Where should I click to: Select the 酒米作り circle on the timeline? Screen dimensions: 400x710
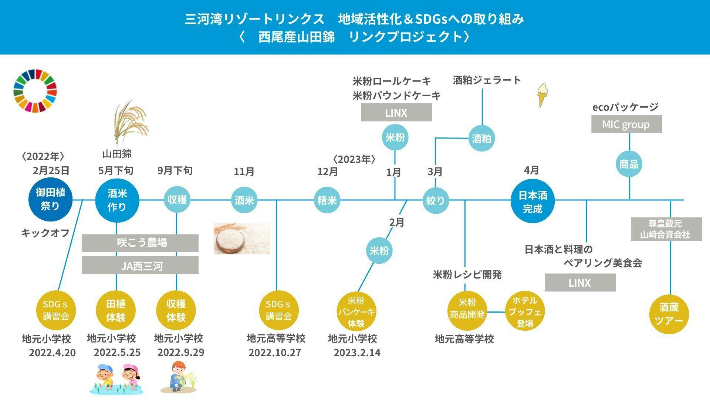pos(117,200)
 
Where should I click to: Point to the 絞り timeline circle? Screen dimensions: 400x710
pos(435,200)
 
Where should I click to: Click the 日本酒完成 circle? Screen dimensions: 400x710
pos(532,202)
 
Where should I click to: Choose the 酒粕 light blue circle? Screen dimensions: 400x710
pos(481,139)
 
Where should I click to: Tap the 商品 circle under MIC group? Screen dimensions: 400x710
pos(629,164)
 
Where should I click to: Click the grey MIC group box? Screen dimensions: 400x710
pos(626,124)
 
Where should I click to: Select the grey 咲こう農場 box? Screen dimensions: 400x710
pos(140,243)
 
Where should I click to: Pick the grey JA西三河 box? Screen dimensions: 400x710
pos(140,266)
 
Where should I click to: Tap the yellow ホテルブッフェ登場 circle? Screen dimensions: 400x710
pos(525,312)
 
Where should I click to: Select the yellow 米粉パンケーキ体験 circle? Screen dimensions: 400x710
pos(356,312)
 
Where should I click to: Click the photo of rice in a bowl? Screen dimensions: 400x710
pos(242,239)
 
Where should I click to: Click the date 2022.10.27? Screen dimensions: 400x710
pos(274,353)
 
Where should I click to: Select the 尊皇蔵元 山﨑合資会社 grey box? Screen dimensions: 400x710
pos(666,229)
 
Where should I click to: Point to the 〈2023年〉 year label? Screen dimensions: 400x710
pos(354,159)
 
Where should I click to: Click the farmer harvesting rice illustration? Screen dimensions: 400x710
pos(179,377)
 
